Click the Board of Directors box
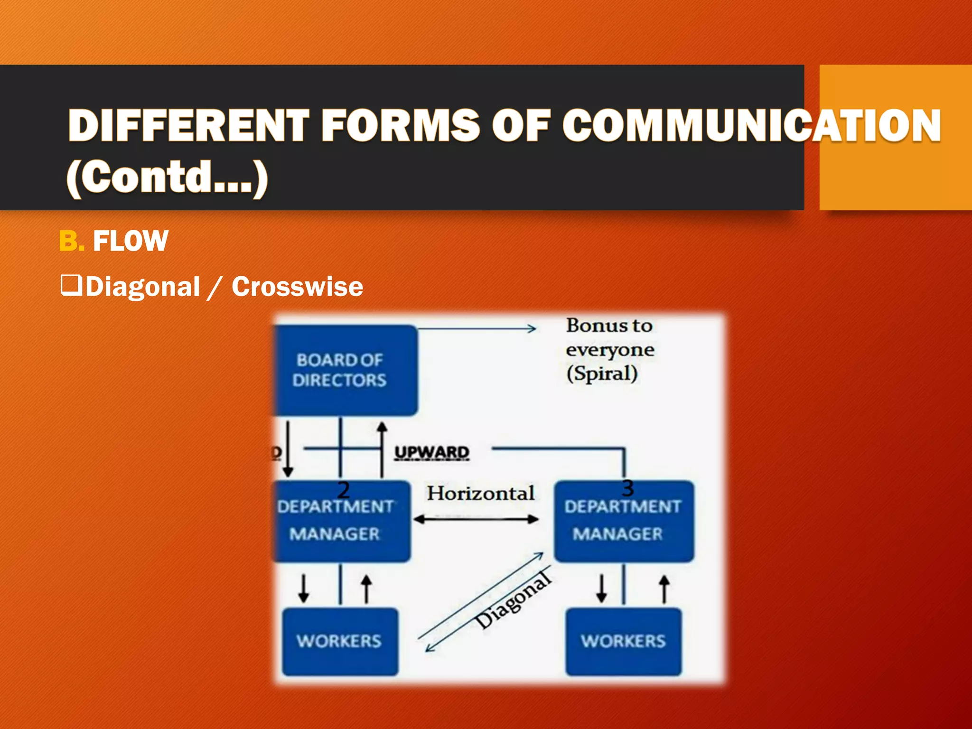(x=345, y=370)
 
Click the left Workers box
(x=339, y=641)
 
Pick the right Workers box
(x=623, y=641)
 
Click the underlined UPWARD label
(x=432, y=452)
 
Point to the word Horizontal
(x=480, y=493)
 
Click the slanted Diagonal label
(x=513, y=601)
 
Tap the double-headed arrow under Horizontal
(x=476, y=519)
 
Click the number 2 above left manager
(x=343, y=489)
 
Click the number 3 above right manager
(x=627, y=488)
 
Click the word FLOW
(x=130, y=241)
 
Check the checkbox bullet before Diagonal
(x=71, y=286)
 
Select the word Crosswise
(x=297, y=287)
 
